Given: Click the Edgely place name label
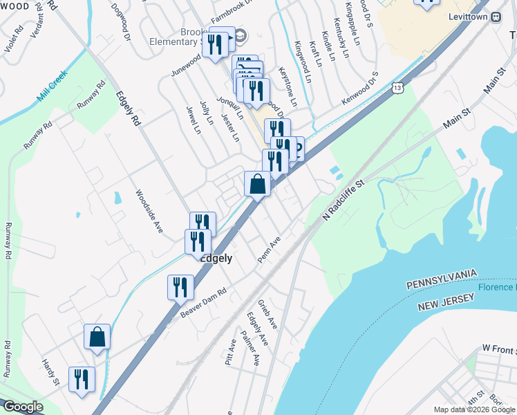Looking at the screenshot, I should [x=216, y=257].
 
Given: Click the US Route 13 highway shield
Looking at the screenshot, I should [x=396, y=88].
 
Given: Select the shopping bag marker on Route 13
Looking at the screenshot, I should [x=257, y=185].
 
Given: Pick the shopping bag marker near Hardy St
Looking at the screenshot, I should [x=97, y=338].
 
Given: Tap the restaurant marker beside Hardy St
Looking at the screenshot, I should [x=82, y=380].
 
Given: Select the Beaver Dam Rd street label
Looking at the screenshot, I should [x=203, y=302].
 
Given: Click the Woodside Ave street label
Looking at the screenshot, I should [x=149, y=210].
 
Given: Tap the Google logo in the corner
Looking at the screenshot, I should [x=23, y=407].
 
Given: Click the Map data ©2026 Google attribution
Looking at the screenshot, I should [x=474, y=409].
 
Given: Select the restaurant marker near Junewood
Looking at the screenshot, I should [x=218, y=45].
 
